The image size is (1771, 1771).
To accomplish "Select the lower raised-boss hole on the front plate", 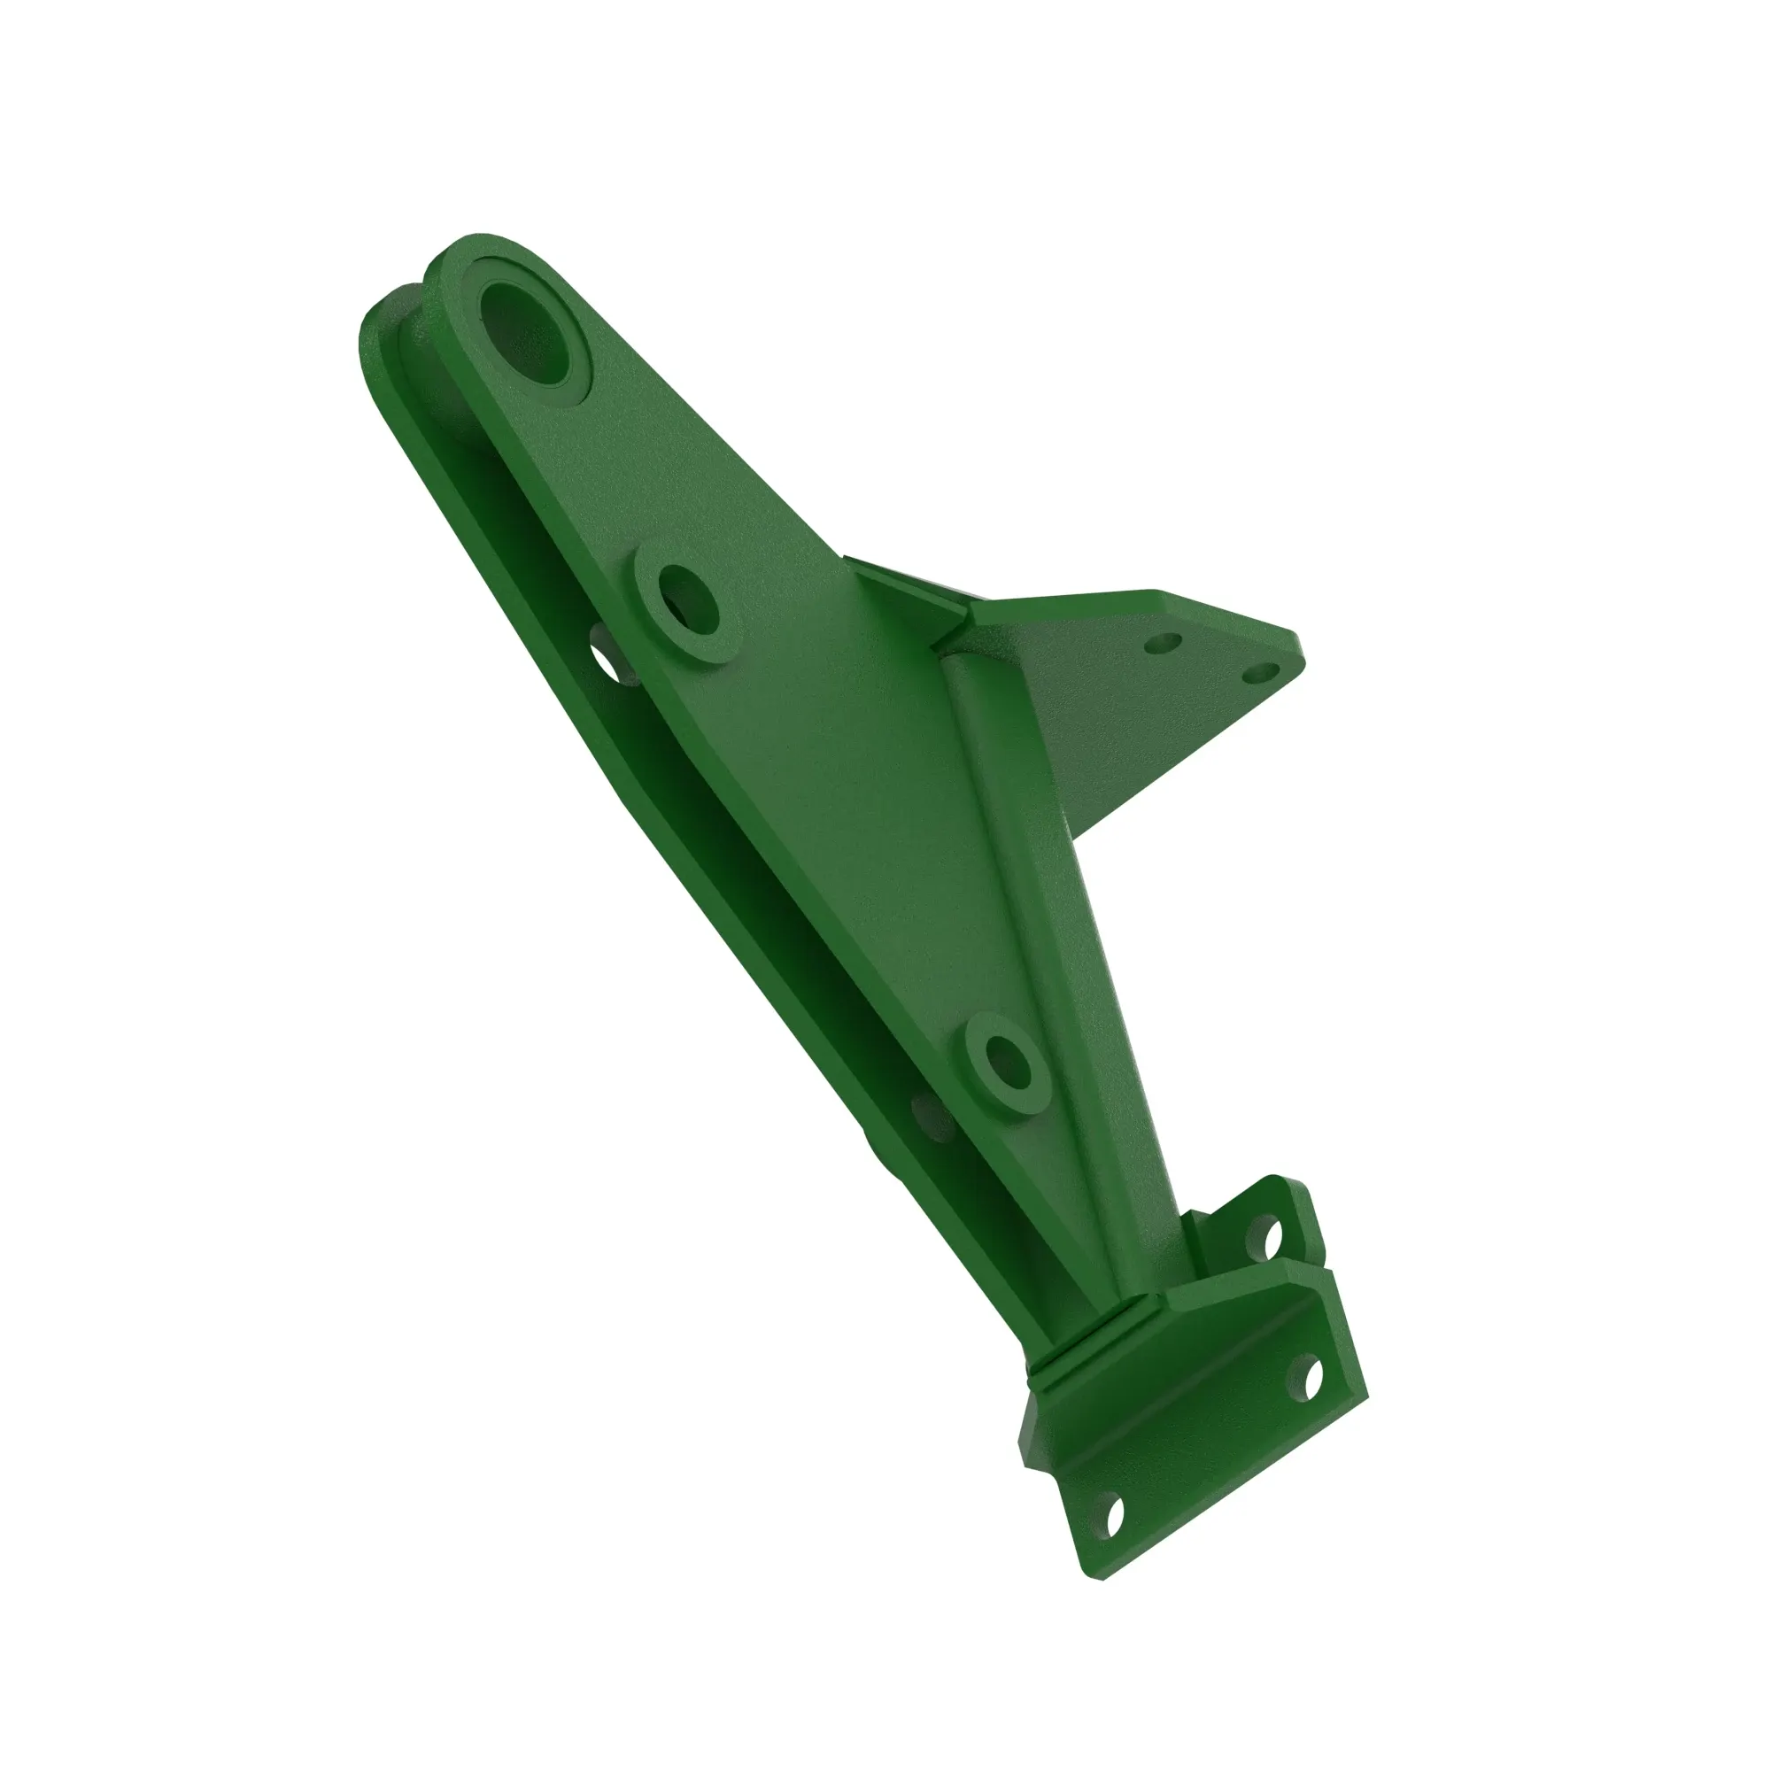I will pyautogui.click(x=1008, y=1064).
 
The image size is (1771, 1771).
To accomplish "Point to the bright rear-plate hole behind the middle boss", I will pyautogui.click(x=607, y=661).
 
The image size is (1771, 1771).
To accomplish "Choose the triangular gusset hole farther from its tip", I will pyautogui.click(x=1165, y=645).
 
